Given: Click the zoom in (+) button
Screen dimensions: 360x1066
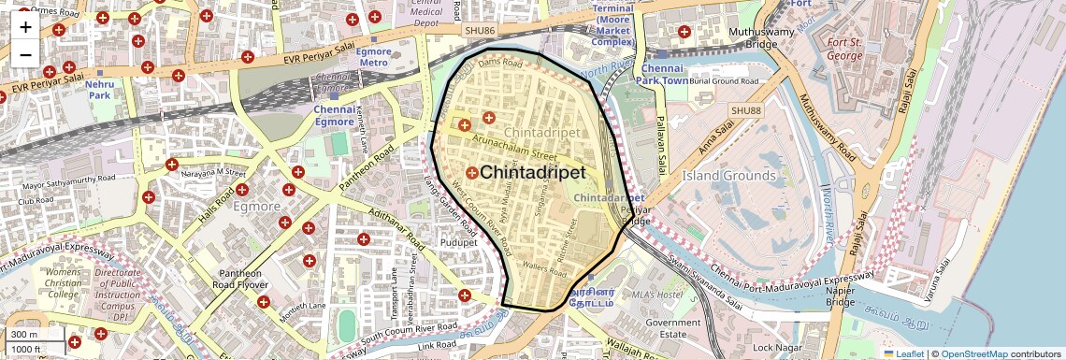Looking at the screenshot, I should point(25,26).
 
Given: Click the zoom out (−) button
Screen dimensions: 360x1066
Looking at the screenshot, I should point(25,54).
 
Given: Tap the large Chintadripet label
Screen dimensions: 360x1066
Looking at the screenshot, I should point(532,173).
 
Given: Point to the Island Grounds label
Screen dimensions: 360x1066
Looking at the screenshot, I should point(727,175).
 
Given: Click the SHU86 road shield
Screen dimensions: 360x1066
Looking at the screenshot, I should point(478,31).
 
